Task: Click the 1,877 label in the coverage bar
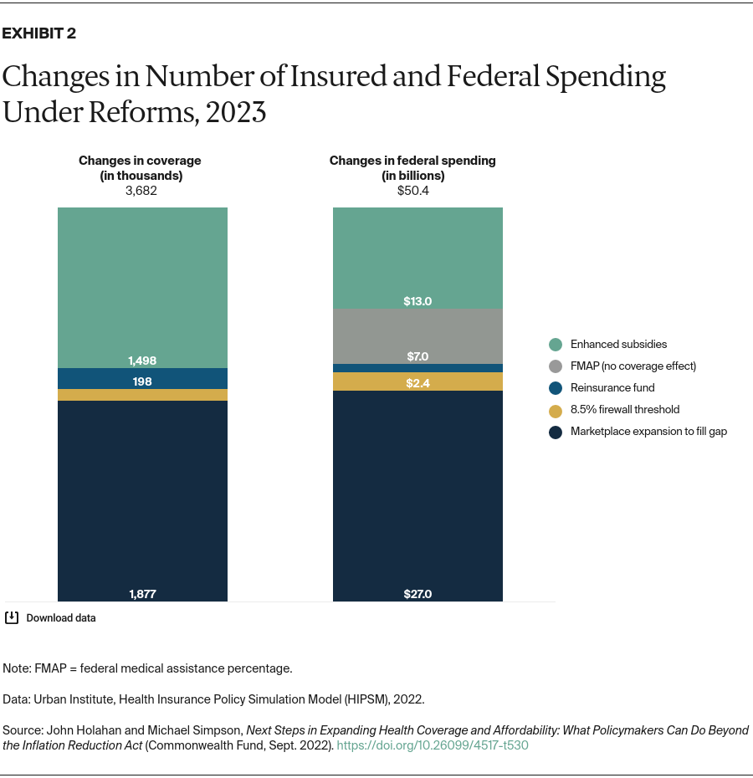pos(142,594)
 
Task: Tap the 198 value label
pos(142,381)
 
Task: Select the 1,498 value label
pos(142,361)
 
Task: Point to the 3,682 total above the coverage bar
pos(140,190)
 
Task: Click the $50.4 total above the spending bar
pos(412,190)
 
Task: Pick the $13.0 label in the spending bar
pos(417,301)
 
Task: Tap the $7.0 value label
pos(417,356)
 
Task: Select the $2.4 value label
pos(417,383)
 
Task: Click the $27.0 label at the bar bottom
pos(417,594)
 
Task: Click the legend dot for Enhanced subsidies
pos(556,344)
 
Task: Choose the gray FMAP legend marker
pos(556,366)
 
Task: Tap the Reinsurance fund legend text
pos(612,387)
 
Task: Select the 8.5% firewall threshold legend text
pos(624,409)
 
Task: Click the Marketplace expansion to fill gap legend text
pos(648,432)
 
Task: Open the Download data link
pos(60,618)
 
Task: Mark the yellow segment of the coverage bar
pos(142,395)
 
